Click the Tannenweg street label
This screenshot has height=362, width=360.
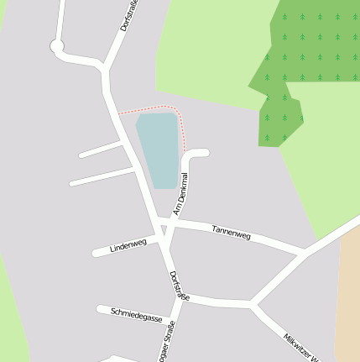click(x=232, y=233)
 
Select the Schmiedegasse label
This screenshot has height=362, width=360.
click(x=137, y=316)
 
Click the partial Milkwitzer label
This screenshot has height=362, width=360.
click(x=302, y=347)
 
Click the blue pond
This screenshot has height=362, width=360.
click(x=158, y=150)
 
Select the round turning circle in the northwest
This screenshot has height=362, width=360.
click(x=57, y=47)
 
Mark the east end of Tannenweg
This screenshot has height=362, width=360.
click(x=302, y=251)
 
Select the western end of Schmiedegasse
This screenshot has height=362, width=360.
click(x=100, y=309)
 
